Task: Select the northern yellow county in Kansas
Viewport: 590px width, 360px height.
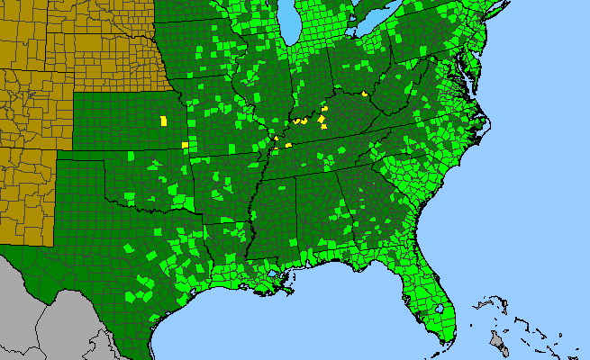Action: tap(163, 120)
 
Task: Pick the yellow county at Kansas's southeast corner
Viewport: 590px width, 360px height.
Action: tap(185, 144)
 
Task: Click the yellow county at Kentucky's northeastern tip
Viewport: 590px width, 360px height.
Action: tap(365, 93)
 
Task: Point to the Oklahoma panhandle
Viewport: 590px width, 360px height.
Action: tap(86, 166)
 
